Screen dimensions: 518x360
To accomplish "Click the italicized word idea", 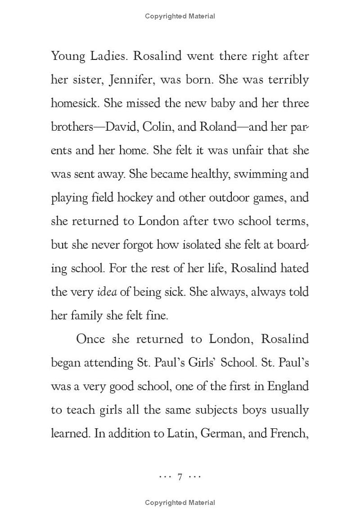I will [x=107, y=292].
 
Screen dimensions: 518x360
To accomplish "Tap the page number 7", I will [x=180, y=477].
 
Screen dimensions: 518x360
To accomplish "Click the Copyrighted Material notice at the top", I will [x=180, y=16].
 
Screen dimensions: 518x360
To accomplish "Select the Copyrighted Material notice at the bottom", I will [x=180, y=503].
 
